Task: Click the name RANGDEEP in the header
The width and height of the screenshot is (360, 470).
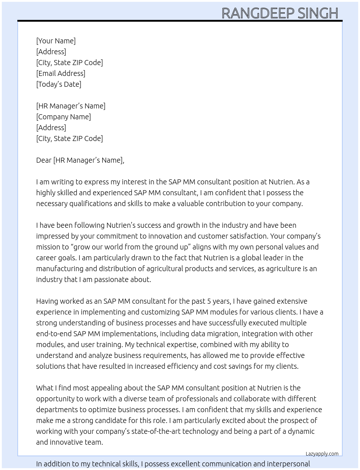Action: coord(258,13)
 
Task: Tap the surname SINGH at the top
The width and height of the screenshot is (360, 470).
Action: coord(318,13)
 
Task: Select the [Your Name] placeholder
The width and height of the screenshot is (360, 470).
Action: coord(56,41)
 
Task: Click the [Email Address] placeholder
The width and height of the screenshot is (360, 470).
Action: coord(61,73)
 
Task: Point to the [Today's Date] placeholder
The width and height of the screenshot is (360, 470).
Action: coord(59,84)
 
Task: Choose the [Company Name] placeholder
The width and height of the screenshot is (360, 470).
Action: coord(64,117)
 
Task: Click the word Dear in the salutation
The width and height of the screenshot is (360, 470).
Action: coord(44,160)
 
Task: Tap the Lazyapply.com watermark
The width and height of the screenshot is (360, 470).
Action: coord(322,454)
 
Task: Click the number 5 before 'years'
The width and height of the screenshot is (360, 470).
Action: coord(209,301)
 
